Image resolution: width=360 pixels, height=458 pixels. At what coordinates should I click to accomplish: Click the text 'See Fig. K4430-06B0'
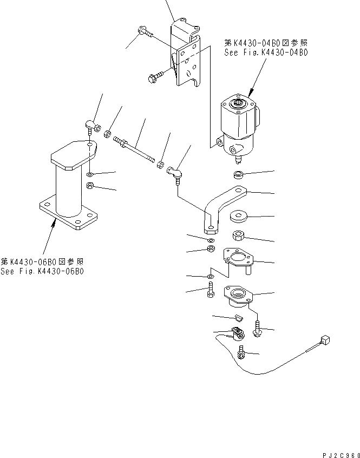point(42,272)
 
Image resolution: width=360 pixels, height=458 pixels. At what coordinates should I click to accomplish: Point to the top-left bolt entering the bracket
point(143,31)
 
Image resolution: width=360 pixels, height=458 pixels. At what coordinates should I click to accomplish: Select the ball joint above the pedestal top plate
point(91,128)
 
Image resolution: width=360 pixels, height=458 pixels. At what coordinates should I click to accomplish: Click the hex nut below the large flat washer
point(239,236)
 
